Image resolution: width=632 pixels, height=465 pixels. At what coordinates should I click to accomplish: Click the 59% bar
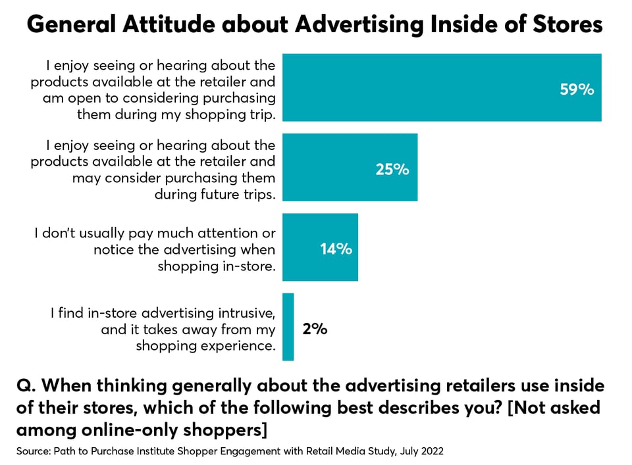442,87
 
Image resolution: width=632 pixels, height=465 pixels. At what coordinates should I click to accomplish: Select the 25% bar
350,167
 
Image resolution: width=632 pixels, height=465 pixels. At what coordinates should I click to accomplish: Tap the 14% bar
320,247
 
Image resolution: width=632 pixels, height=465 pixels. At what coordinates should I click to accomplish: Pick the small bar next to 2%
288,327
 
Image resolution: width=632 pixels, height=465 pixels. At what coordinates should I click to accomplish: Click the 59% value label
577,89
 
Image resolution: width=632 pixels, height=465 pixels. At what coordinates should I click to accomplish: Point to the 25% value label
392,170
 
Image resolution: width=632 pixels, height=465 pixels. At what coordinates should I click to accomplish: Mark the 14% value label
336,249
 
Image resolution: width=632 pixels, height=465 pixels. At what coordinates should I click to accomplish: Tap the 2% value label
315,329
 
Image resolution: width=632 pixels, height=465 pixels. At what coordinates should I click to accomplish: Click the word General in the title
71,24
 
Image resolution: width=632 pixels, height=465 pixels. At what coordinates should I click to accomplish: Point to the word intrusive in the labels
247,313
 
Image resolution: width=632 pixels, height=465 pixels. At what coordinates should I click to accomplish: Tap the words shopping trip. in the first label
230,114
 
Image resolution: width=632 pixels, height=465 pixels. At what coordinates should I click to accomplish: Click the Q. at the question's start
26,386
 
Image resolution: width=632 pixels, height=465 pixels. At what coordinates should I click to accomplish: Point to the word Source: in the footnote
34,451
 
